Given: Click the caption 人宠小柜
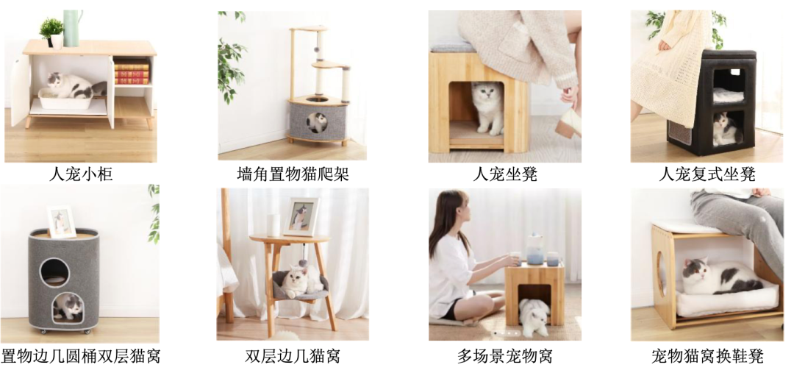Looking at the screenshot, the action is [81, 174].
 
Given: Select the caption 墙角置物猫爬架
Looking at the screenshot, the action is [293, 174].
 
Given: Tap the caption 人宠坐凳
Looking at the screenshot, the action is [505, 174].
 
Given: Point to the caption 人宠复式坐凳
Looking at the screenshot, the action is [707, 174].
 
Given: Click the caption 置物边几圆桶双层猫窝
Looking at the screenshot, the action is [81, 356].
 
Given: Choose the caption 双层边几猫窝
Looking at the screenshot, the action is [293, 356].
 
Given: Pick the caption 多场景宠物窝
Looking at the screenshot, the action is [505, 356].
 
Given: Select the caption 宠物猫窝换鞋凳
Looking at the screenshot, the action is [707, 356].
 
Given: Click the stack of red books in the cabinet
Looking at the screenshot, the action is [132, 72].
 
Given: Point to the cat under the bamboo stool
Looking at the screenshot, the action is [487, 107].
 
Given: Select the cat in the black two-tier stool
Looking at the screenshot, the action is [725, 129].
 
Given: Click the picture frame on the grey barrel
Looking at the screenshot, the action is [61, 221].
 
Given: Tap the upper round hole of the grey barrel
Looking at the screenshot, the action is [54, 271].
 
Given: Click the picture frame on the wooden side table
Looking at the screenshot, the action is [301, 216].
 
